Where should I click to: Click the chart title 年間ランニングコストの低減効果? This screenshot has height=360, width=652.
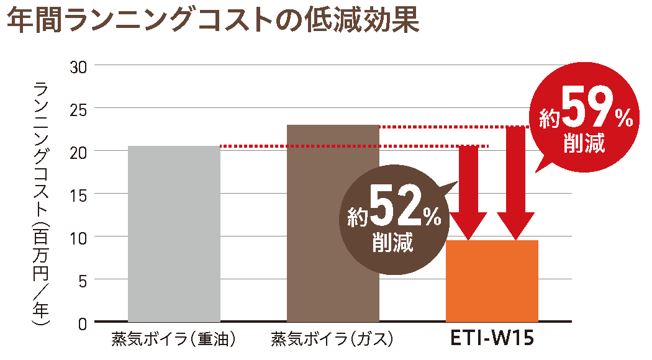(x=212, y=21)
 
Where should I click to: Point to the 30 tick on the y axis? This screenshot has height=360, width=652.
(x=79, y=65)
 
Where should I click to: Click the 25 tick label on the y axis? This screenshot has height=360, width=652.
(x=79, y=108)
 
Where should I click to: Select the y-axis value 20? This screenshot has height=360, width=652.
(x=79, y=151)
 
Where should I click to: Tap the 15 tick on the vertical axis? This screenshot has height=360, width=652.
(x=79, y=194)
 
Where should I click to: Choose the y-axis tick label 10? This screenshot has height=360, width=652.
(x=79, y=236)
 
